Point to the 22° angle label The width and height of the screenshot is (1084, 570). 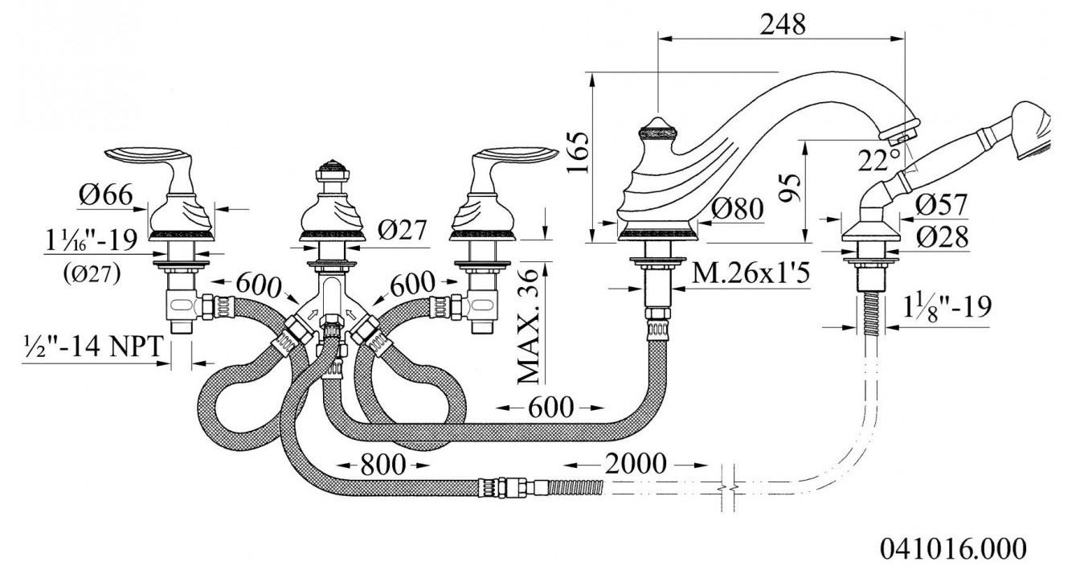[878, 160]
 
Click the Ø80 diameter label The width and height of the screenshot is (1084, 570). [736, 209]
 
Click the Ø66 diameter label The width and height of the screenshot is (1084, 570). [104, 195]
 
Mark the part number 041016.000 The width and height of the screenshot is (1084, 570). [953, 548]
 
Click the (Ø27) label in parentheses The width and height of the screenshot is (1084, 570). [91, 273]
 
